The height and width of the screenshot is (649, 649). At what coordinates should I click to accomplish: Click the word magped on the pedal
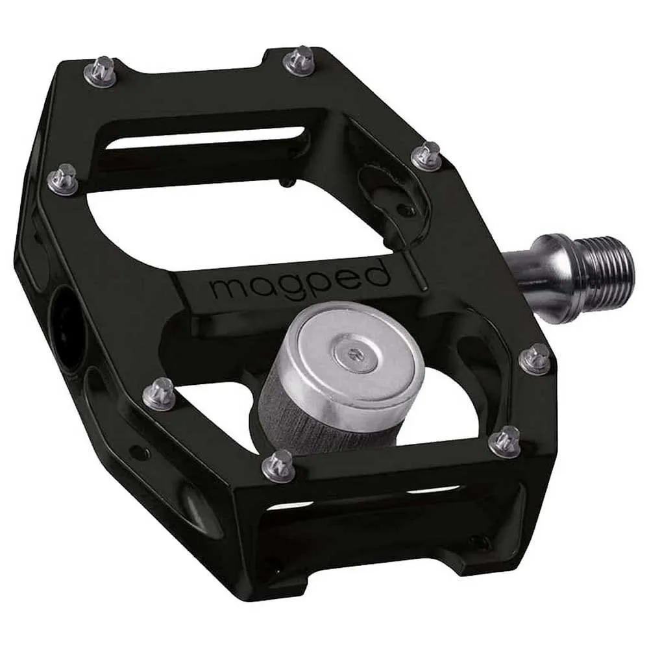[x=300, y=284]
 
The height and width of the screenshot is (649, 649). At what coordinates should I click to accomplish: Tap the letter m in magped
[x=226, y=289]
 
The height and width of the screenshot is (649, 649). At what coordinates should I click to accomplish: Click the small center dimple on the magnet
[x=354, y=354]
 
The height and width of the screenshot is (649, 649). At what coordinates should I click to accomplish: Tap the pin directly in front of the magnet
[x=279, y=465]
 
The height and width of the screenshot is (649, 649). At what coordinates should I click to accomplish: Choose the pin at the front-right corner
[x=505, y=441]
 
